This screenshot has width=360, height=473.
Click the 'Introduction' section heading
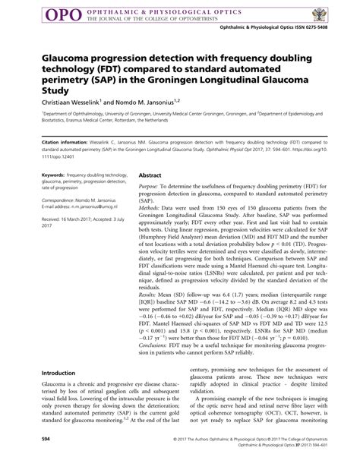(x=63, y=373)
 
